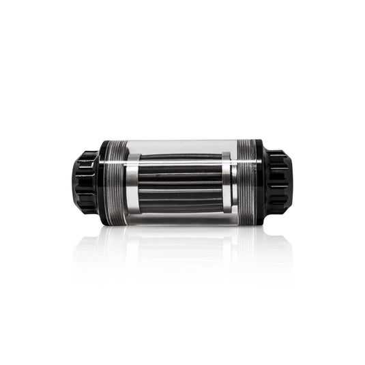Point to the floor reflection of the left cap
pyautogui.click(x=87, y=246)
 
